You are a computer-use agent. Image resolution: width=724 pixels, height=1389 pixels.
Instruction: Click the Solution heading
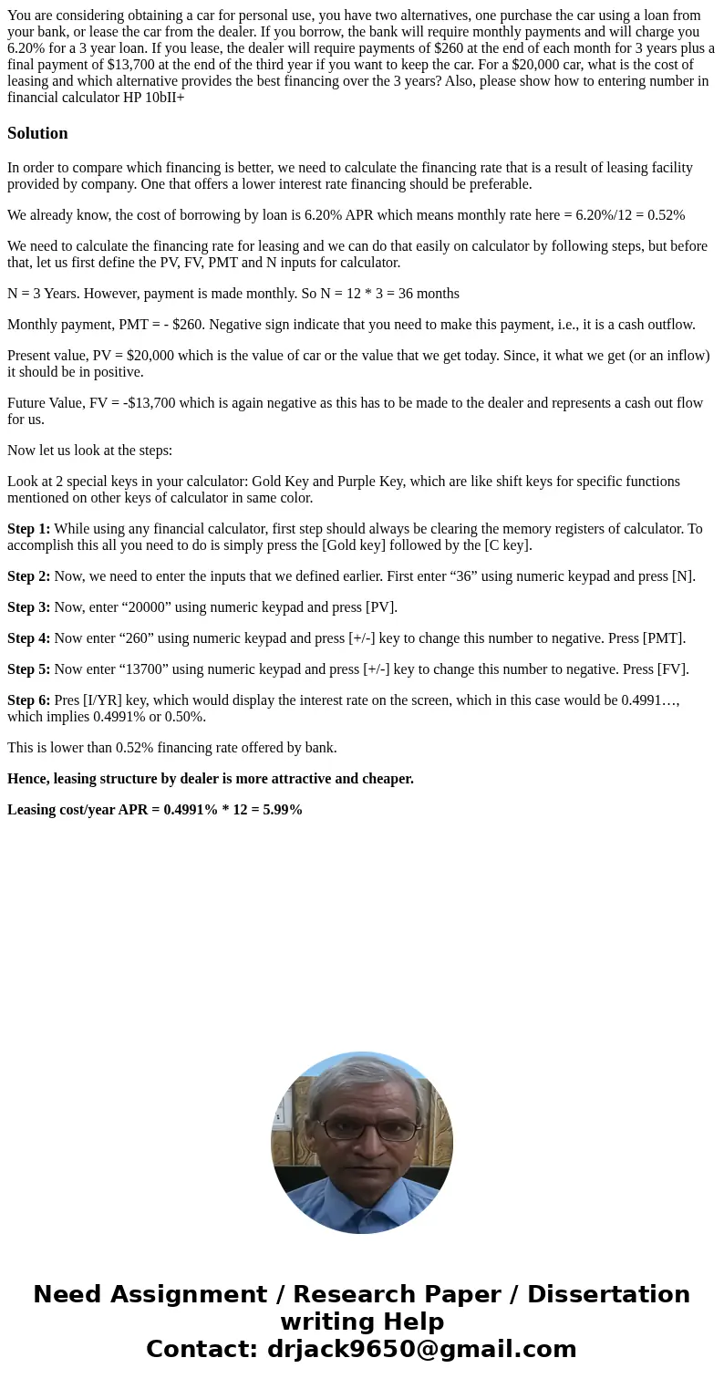click(x=37, y=133)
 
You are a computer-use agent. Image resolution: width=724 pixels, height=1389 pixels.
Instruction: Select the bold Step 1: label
click(x=28, y=529)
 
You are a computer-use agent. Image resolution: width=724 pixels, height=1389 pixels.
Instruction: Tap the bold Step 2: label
click(x=28, y=576)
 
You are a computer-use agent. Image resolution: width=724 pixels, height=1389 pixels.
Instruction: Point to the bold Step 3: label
click(x=28, y=607)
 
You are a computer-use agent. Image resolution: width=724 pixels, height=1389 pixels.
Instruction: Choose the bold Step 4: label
click(x=28, y=638)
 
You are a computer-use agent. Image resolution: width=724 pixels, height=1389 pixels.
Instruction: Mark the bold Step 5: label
click(x=28, y=669)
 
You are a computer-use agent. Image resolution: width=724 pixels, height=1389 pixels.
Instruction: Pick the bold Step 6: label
click(x=28, y=700)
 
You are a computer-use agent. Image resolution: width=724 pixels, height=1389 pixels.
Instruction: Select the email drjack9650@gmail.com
click(x=421, y=1349)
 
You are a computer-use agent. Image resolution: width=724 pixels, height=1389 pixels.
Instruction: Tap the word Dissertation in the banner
click(x=608, y=1294)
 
